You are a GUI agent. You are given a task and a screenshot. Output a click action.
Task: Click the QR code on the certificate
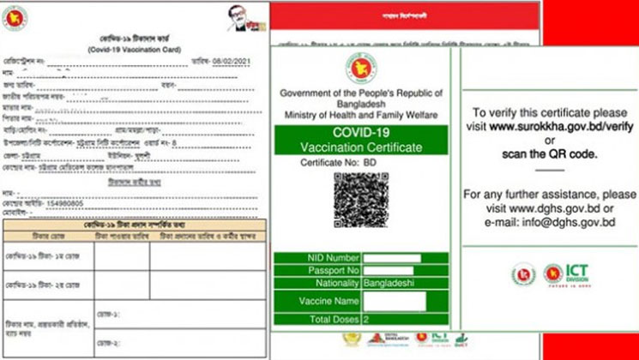tap(362, 200)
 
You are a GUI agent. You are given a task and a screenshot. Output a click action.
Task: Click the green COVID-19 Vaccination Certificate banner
tap(361, 140)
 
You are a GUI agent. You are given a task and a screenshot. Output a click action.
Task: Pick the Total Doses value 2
tap(365, 318)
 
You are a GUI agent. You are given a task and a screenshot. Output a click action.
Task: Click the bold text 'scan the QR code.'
tap(550, 153)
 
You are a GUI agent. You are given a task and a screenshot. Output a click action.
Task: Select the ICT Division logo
tap(571, 274)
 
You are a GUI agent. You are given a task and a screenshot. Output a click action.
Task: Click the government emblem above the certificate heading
tap(362, 66)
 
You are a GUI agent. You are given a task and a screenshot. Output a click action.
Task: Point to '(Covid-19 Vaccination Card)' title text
tap(133, 51)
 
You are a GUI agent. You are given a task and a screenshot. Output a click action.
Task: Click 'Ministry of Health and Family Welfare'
tap(362, 114)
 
